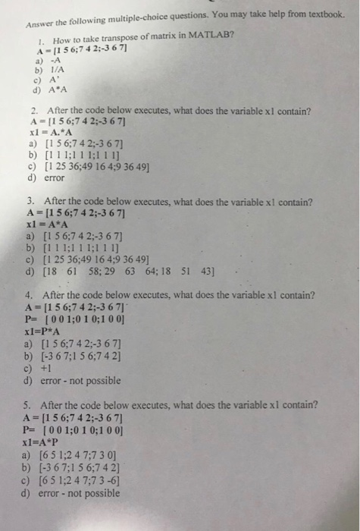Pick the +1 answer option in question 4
[50, 369]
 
